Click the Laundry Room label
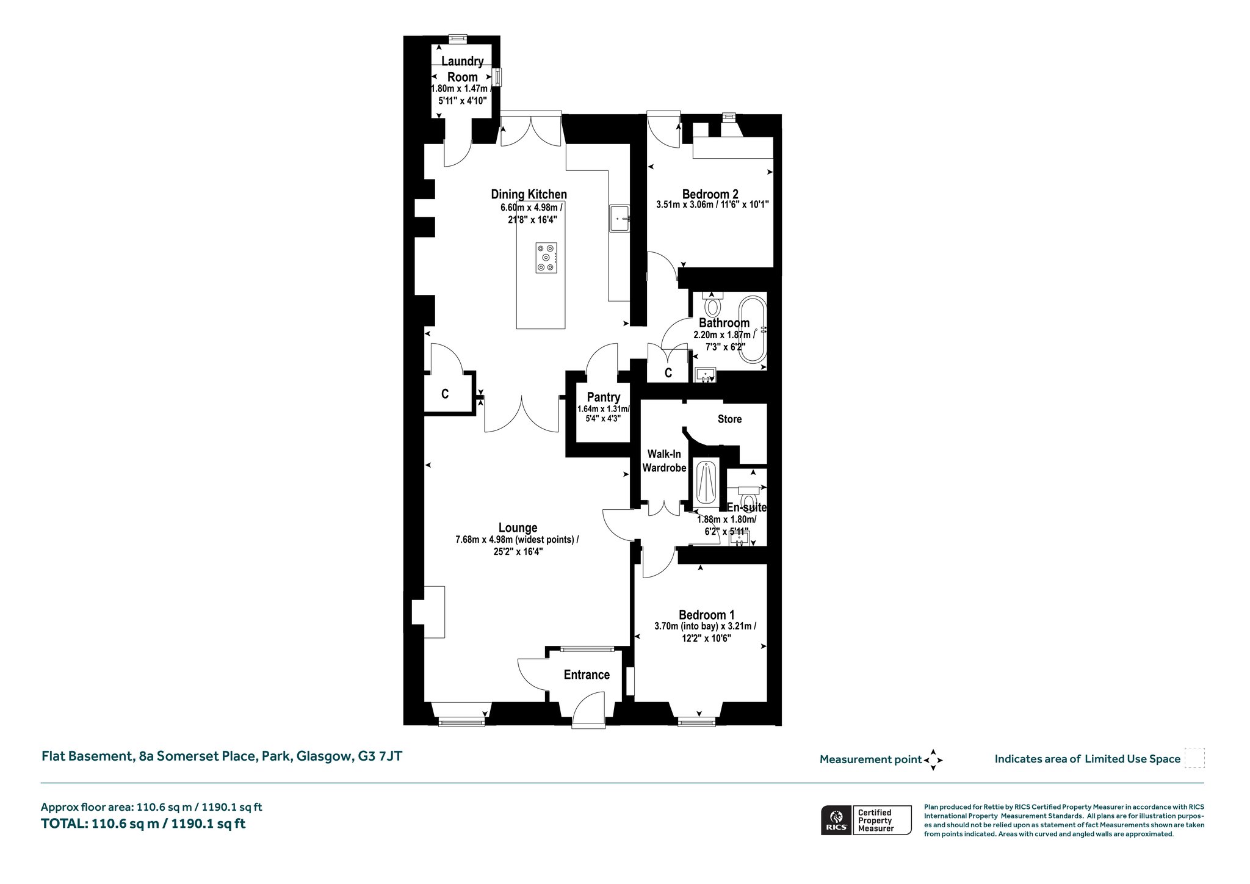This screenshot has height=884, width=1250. click(462, 69)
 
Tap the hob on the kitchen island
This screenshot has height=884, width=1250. click(546, 258)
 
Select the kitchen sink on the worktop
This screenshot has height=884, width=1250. click(619, 219)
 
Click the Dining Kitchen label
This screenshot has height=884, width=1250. click(529, 194)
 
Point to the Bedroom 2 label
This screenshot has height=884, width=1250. click(710, 194)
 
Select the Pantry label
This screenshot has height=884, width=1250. click(604, 397)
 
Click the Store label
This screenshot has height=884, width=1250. click(729, 419)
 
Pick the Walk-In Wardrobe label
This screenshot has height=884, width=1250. click(667, 461)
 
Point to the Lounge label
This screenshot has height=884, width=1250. click(518, 527)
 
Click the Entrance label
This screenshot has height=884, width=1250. click(587, 675)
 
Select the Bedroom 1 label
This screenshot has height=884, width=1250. click(706, 615)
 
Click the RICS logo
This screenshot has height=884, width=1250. click(836, 820)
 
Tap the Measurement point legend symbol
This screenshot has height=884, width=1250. click(933, 760)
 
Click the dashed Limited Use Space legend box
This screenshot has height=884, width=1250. click(1194, 758)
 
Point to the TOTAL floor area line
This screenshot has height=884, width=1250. click(143, 824)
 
